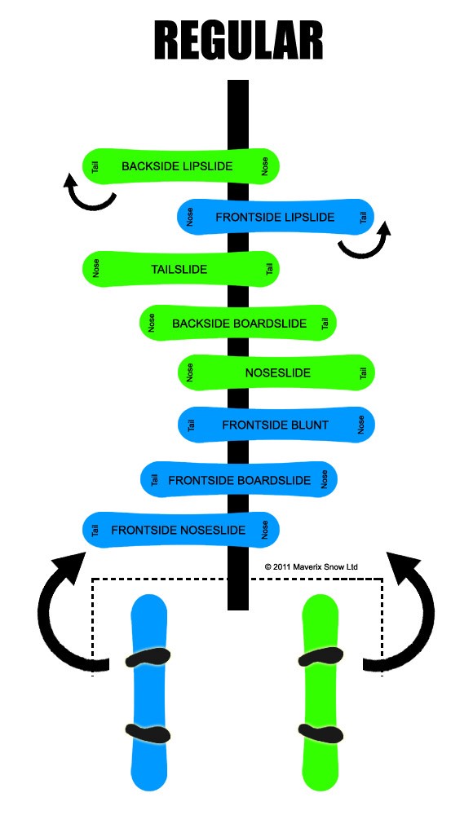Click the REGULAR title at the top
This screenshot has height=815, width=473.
(x=239, y=41)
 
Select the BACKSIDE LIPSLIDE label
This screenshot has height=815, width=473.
(x=177, y=166)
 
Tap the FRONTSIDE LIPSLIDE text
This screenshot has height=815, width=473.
(x=275, y=218)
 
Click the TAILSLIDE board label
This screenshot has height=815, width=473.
(x=179, y=269)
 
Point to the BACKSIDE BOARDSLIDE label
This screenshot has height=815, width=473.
(x=240, y=324)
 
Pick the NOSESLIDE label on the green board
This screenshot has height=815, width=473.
(x=278, y=372)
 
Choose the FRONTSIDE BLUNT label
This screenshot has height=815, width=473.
(x=276, y=425)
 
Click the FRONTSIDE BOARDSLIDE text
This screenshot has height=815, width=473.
(x=240, y=480)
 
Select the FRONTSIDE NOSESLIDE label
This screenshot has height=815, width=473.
(x=178, y=531)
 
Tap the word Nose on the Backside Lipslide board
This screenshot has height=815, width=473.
(x=265, y=166)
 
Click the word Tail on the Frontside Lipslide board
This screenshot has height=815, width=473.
(x=363, y=218)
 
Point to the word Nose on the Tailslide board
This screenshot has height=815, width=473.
(x=95, y=268)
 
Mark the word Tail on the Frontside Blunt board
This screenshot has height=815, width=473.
(x=191, y=425)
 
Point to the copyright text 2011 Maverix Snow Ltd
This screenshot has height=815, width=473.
(x=312, y=566)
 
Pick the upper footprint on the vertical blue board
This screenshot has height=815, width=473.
(x=148, y=658)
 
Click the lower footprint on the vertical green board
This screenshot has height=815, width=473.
(x=320, y=733)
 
